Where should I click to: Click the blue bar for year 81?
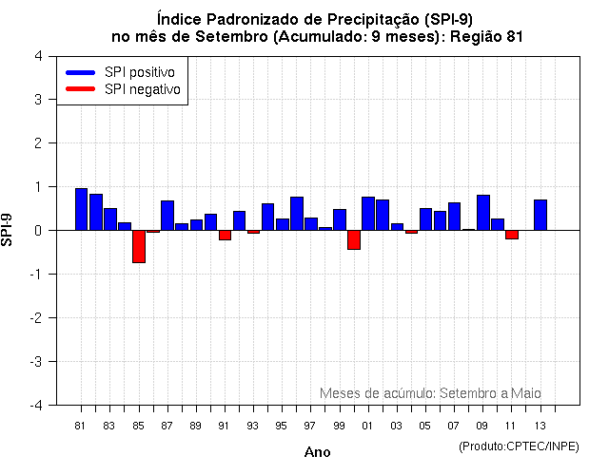click(81, 209)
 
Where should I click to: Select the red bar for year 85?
click(138, 246)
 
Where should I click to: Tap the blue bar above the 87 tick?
click(167, 215)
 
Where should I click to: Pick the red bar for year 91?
click(225, 235)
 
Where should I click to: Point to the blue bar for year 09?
click(483, 212)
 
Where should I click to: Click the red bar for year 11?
click(512, 234)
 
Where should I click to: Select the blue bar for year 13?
click(540, 215)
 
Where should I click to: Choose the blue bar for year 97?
click(297, 213)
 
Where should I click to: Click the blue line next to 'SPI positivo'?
click(80, 72)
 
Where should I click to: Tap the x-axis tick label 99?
click(340, 425)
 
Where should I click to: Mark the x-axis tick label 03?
click(397, 425)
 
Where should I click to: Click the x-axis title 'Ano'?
click(317, 452)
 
